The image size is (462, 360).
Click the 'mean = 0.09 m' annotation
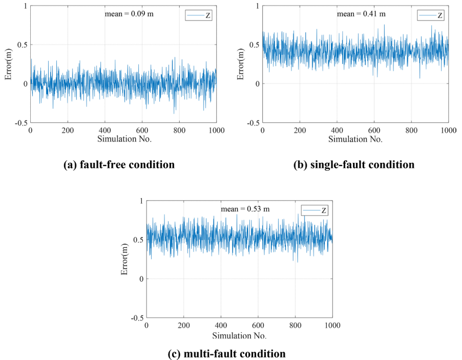tap(129, 14)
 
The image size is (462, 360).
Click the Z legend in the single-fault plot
tap(431, 16)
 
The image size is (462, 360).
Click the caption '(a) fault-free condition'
tap(118, 165)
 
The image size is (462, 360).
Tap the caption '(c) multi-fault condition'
tap(226, 353)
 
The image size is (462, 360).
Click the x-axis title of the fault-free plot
tap(123, 139)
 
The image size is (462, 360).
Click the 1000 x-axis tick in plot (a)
tap(216, 131)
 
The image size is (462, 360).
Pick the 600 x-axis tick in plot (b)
tap(374, 131)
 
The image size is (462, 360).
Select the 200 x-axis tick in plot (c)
tap(184, 325)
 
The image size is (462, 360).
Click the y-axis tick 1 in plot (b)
tap(256, 5)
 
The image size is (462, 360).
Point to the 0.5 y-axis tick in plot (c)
tap(137, 240)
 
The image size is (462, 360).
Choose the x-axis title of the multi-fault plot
tap(239, 335)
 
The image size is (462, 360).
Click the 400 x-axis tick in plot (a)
tap(104, 131)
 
